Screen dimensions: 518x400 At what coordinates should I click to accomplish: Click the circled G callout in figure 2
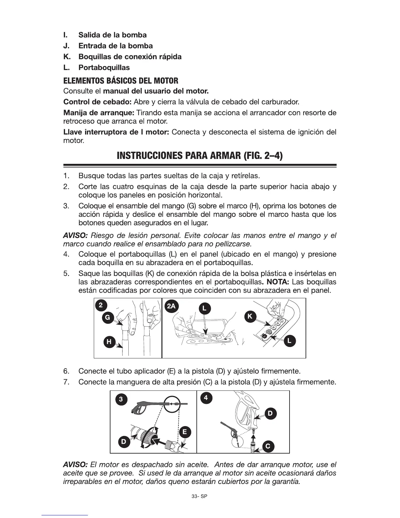click(x=108, y=317)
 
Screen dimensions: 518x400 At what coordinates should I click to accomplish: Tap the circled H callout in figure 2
click(x=109, y=342)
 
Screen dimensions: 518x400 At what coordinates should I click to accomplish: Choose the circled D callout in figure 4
click(x=270, y=413)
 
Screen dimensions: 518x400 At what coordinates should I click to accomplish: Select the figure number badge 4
click(x=206, y=398)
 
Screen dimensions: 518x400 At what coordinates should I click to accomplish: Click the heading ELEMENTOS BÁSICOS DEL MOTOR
click(x=121, y=80)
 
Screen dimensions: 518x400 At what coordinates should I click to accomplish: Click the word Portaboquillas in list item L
click(x=104, y=68)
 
